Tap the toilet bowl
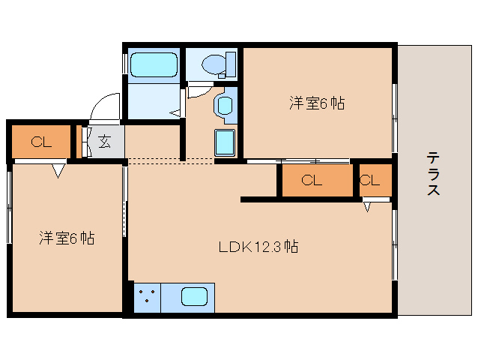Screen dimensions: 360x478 point(217,64)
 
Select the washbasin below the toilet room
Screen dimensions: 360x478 point(224,105)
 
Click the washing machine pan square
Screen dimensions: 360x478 point(226,142)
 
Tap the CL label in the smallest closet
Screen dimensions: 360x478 point(369,180)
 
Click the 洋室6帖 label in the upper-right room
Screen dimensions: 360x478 point(317,103)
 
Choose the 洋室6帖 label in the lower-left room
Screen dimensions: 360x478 point(67,238)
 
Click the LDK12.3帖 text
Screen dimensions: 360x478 point(258,246)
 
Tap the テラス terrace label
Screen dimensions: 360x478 point(433,173)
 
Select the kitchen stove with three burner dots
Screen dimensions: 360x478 point(147,295)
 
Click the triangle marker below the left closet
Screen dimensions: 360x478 point(58,172)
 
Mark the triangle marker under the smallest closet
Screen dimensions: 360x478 point(368,205)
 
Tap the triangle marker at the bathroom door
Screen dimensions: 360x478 point(175,112)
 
